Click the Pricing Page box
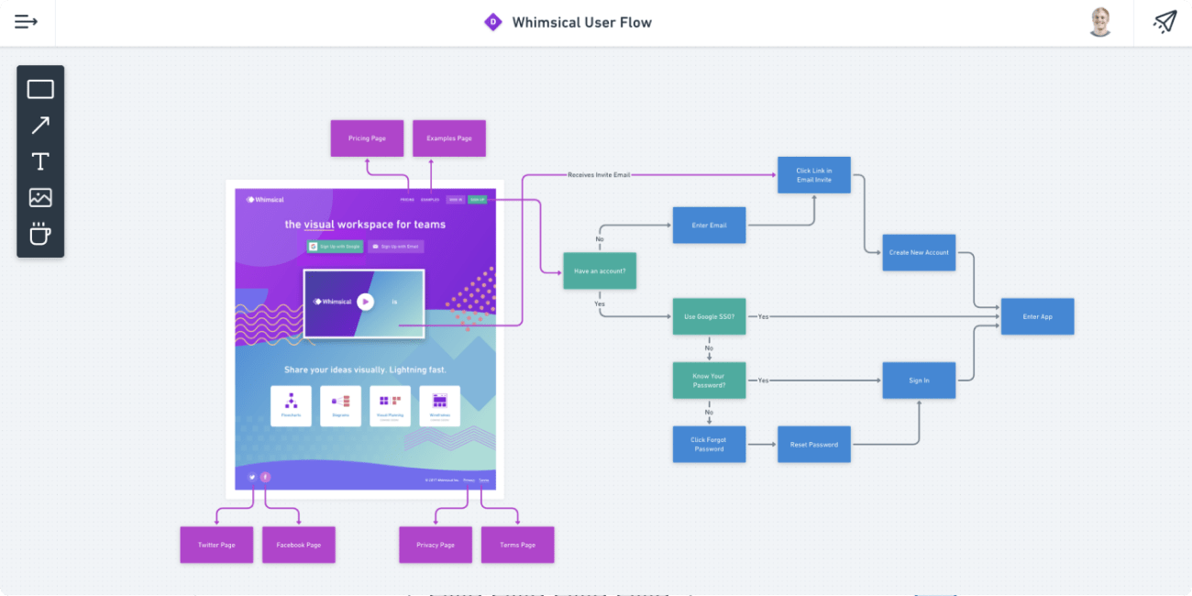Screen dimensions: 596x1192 [367, 138]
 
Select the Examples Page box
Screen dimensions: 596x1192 [448, 138]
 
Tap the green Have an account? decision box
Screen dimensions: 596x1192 [599, 271]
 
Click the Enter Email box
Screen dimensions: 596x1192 [709, 225]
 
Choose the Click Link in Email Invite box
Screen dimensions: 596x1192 [814, 174]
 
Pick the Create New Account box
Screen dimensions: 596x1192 [919, 252]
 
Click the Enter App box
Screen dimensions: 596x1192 [1037, 316]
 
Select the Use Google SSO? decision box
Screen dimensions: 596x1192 [709, 316]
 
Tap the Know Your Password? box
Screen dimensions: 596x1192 [709, 381]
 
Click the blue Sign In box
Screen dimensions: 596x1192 [919, 381]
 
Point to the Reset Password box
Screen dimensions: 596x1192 [814, 445]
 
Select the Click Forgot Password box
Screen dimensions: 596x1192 [709, 445]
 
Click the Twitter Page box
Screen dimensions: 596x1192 [216, 545]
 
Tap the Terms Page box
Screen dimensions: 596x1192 [517, 545]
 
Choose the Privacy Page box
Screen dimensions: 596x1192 [435, 545]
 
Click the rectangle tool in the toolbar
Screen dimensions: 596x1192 [40, 89]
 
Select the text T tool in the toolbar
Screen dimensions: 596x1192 [40, 161]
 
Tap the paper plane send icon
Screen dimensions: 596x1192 [1164, 22]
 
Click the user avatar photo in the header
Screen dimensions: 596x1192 [1100, 22]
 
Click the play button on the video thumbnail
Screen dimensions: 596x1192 [365, 302]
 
